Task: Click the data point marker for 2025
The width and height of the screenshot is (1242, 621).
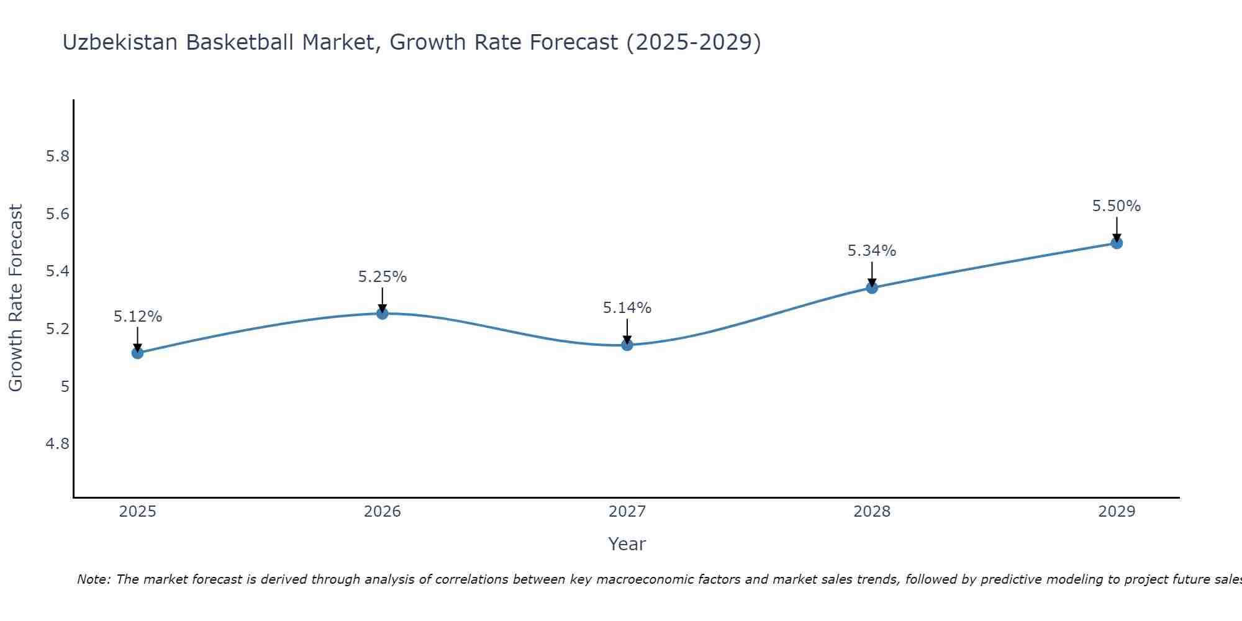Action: [137, 353]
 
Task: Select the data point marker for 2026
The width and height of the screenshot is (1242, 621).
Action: [383, 314]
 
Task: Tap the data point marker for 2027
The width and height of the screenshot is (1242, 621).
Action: [627, 345]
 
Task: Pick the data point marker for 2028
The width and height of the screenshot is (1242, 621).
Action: [872, 288]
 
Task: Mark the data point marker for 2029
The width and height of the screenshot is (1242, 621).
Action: [1117, 243]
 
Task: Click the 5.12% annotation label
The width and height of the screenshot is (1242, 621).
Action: [137, 317]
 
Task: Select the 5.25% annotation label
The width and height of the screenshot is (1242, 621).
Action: [383, 277]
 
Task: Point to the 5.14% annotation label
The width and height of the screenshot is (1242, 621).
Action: [627, 308]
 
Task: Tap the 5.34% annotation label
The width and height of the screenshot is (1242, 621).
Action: [872, 251]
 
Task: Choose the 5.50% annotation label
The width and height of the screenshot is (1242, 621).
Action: [1117, 206]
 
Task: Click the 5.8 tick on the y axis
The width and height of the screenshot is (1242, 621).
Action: [58, 156]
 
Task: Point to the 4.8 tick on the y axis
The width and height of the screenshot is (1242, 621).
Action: [58, 444]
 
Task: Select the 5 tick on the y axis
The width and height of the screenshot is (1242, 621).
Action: [65, 387]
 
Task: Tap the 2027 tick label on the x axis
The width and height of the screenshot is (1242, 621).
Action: [627, 512]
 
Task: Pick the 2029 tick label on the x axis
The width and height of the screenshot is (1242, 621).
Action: [1117, 512]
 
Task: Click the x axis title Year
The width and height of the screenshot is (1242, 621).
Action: [627, 544]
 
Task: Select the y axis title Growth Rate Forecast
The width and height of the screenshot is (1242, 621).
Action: [16, 298]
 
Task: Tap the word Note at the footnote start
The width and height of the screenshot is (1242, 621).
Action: [93, 579]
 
